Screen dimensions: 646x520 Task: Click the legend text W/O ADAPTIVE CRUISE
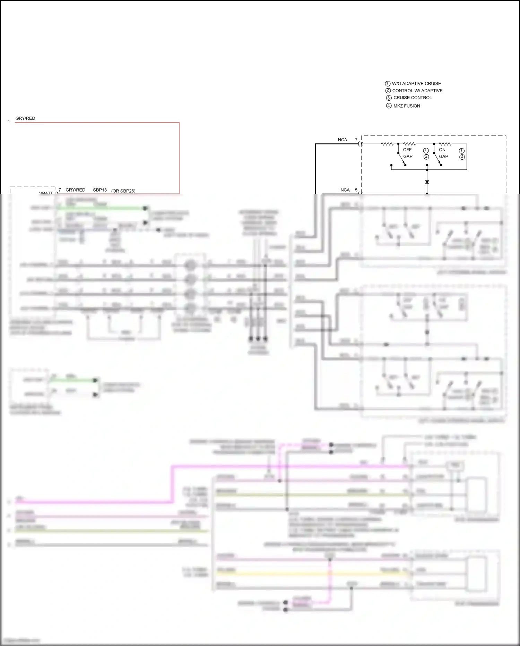(416, 84)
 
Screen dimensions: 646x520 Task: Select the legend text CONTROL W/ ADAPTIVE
(417, 91)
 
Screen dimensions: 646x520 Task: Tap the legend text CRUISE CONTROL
(413, 98)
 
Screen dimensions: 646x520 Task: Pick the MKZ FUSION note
(407, 106)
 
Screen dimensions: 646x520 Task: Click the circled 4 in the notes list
(389, 106)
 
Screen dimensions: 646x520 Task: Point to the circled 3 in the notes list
(389, 98)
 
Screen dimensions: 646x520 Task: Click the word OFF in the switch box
(407, 150)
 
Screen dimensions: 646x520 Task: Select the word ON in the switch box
(442, 150)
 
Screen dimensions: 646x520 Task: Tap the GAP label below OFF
(408, 157)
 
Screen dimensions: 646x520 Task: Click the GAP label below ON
(443, 157)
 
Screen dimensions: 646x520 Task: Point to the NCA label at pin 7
(342, 140)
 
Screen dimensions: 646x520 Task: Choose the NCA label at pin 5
(345, 190)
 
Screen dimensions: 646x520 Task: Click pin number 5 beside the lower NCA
(356, 190)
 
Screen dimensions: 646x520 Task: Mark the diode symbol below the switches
(427, 182)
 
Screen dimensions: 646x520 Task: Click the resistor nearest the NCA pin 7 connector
(387, 144)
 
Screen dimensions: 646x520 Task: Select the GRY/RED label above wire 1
(25, 118)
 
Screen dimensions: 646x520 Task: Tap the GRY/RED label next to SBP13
(75, 190)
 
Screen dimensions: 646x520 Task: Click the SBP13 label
(100, 190)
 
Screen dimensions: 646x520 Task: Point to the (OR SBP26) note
(123, 191)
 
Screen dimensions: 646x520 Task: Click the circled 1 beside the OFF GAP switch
(426, 150)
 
